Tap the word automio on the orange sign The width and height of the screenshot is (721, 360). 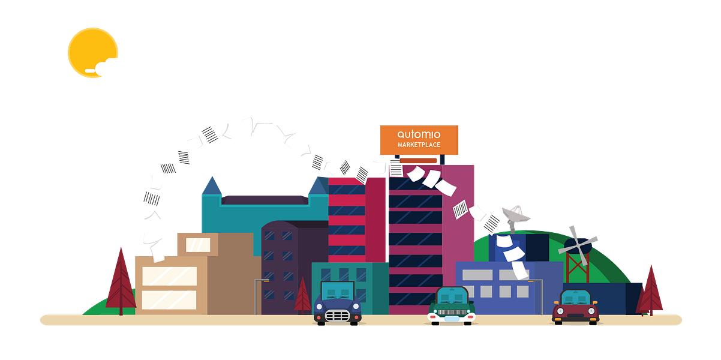click(x=418, y=134)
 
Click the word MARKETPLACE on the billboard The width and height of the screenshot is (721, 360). click(x=419, y=145)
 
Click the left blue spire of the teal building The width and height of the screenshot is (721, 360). click(x=211, y=185)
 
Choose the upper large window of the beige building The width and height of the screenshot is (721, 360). click(x=169, y=276)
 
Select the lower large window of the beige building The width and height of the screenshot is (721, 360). click(x=169, y=299)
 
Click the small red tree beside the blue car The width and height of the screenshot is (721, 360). click(x=302, y=296)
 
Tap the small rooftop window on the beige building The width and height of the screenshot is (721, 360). click(x=198, y=245)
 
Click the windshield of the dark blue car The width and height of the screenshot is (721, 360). click(x=338, y=290)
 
